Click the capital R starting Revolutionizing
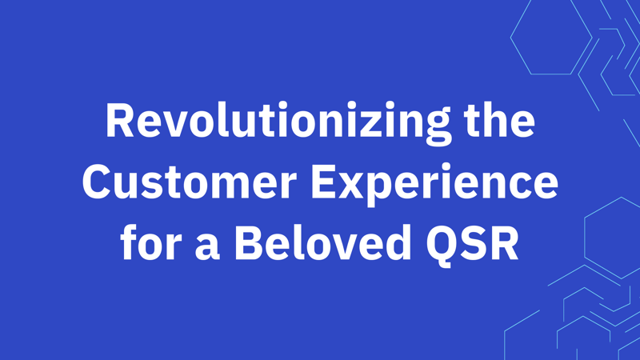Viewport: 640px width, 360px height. (119, 122)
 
